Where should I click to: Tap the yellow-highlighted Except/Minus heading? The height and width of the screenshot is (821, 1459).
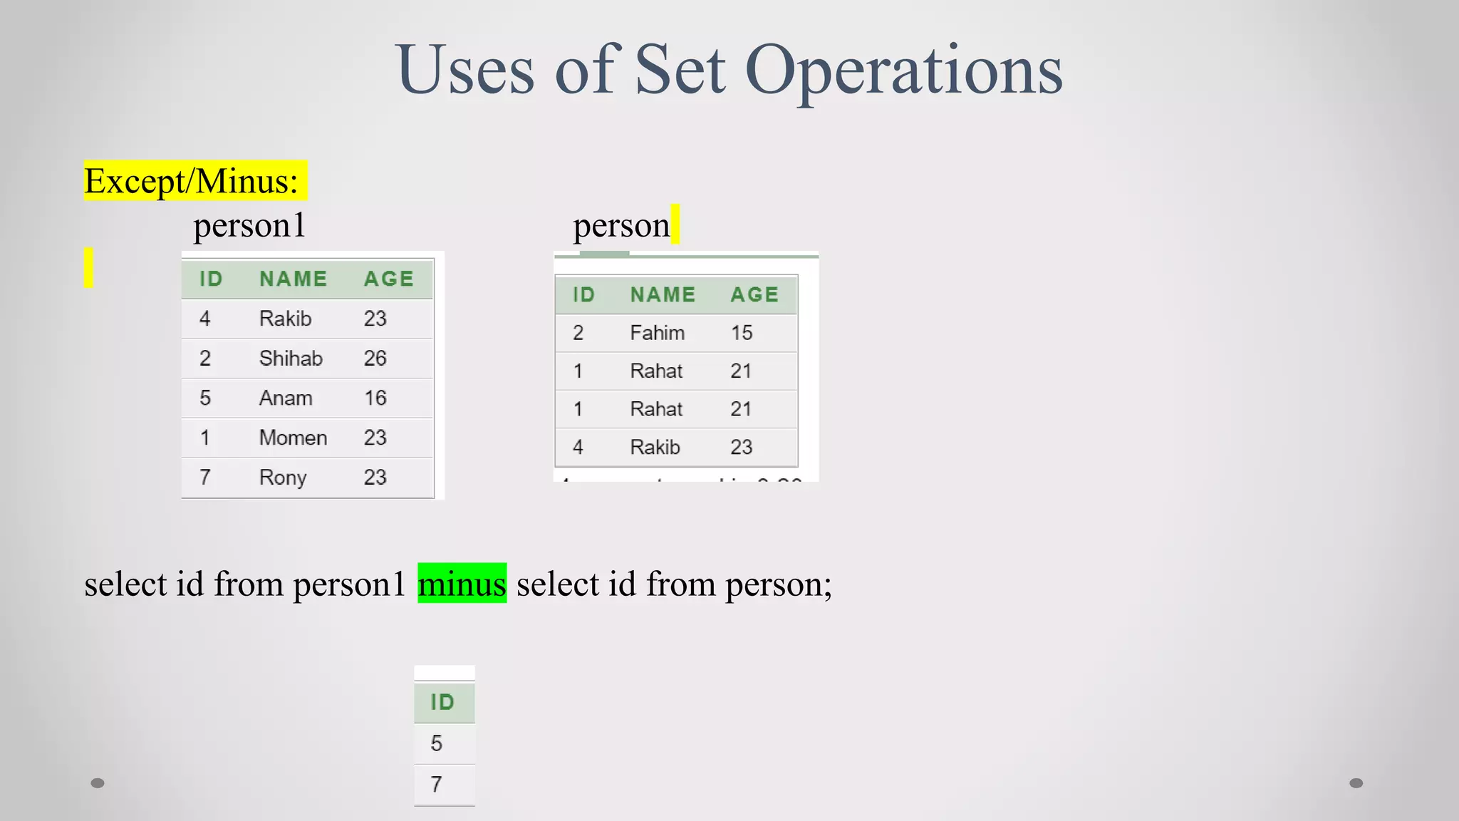(x=192, y=181)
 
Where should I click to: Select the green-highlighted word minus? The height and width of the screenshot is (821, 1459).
(x=462, y=584)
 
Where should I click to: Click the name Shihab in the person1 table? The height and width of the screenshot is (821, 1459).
(x=291, y=358)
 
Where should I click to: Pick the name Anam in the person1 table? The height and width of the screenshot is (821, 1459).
(x=286, y=398)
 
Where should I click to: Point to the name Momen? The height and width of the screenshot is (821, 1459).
(x=293, y=438)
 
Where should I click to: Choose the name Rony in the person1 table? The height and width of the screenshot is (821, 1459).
(x=283, y=477)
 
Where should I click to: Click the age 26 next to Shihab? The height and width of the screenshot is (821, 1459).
(x=375, y=358)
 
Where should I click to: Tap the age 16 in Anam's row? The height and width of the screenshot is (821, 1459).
(x=375, y=398)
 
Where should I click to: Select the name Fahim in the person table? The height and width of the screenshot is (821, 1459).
(x=657, y=333)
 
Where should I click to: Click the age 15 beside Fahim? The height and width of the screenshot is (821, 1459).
(x=742, y=333)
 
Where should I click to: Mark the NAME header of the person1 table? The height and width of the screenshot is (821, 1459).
(x=293, y=279)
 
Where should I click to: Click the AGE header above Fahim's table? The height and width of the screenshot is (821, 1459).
(x=754, y=294)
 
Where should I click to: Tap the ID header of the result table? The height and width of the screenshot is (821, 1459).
(x=442, y=703)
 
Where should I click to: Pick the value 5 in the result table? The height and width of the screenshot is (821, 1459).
(x=437, y=743)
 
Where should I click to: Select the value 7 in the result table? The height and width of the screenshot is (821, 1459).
(x=437, y=785)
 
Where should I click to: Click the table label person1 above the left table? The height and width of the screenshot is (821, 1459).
(x=249, y=226)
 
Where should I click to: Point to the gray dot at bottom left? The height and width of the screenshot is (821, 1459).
(x=98, y=783)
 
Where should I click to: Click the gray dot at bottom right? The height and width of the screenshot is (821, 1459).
(x=1356, y=783)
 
